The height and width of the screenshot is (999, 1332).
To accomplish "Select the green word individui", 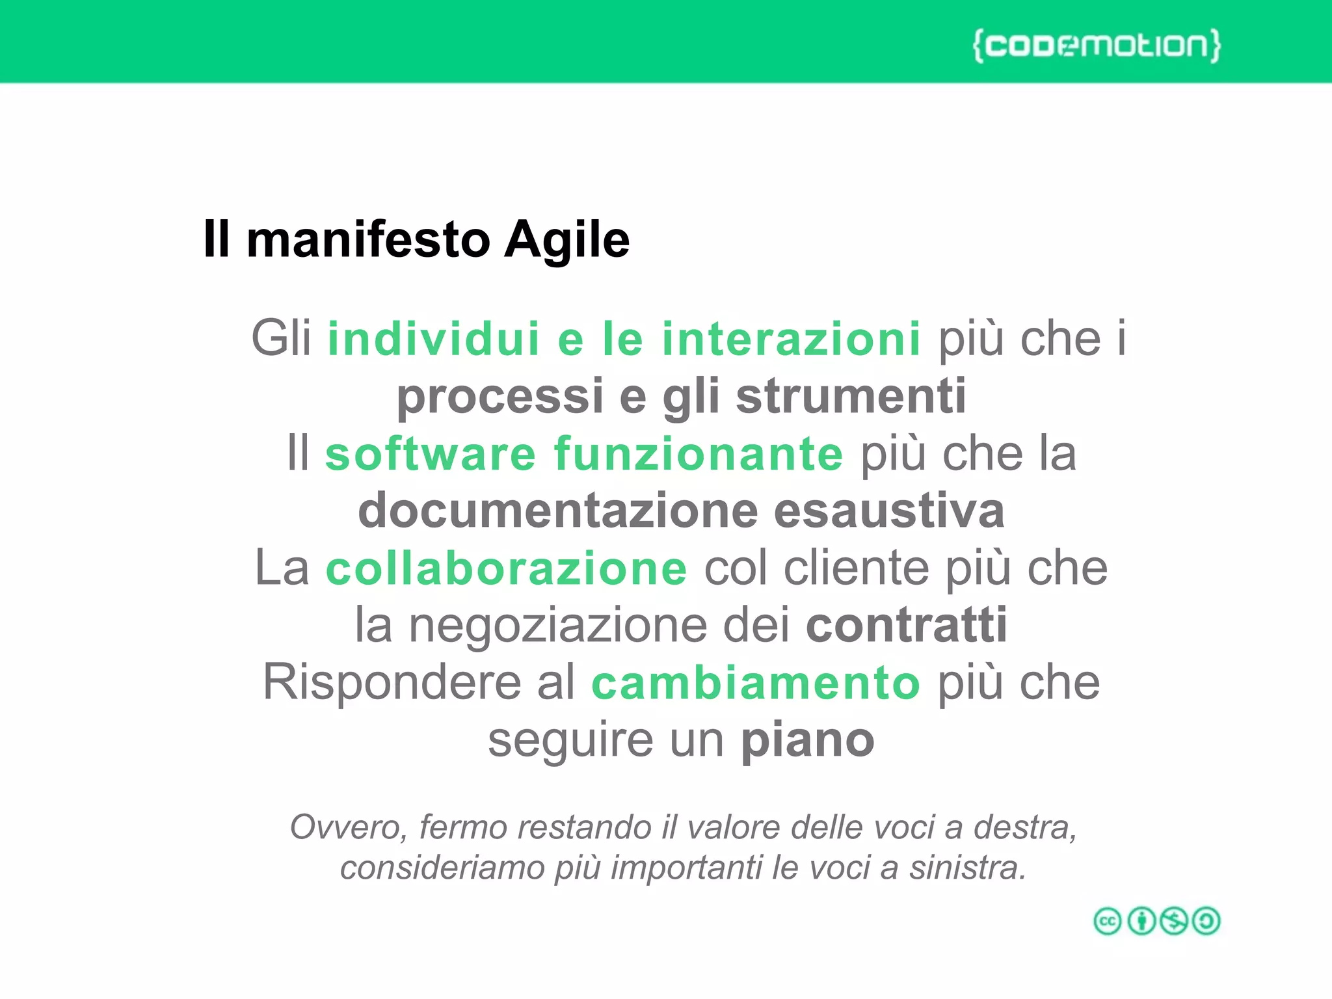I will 434,339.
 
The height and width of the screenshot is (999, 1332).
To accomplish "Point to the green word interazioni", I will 791,339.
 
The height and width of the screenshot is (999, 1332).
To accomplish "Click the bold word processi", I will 500,396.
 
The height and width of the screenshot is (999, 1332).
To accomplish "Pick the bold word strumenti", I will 851,396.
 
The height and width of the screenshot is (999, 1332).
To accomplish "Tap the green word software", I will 431,453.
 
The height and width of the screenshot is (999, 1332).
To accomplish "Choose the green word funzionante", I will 699,453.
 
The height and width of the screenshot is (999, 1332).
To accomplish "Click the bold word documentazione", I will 558,511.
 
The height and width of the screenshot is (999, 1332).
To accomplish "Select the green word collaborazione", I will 506,568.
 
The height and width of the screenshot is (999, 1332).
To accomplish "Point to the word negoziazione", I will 558,625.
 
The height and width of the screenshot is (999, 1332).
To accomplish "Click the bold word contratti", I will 907,625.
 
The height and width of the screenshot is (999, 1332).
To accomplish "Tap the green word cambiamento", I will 756,682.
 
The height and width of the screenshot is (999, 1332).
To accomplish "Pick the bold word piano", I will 808,740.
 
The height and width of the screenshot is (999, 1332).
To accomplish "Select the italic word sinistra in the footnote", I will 967,868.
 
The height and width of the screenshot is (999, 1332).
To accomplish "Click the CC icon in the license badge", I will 1108,921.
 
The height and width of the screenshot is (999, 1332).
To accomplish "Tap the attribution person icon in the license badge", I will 1141,921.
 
